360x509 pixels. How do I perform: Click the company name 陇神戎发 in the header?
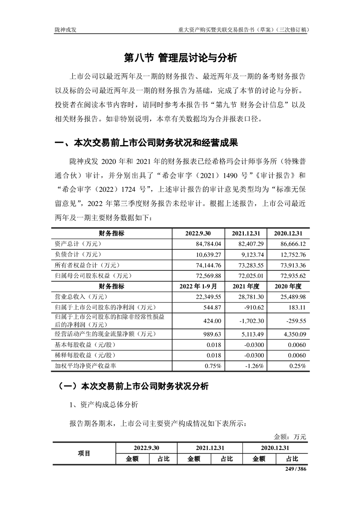pyautogui.click(x=65, y=29)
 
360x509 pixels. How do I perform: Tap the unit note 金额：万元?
pyautogui.click(x=291, y=437)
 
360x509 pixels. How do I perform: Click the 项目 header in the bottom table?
pyautogui.click(x=84, y=453)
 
